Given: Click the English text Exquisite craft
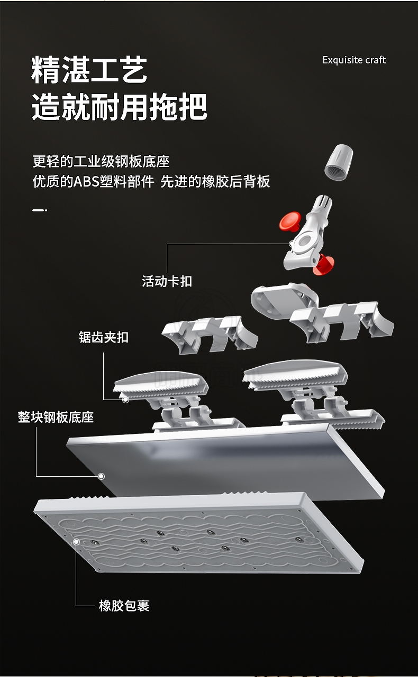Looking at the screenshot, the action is (354, 60).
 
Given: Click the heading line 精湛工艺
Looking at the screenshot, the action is (89, 70).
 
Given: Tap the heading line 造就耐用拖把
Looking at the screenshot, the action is (120, 107).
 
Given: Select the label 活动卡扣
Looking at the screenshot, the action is (167, 281).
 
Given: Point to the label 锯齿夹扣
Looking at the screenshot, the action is (104, 337).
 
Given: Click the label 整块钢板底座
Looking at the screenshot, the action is (56, 417).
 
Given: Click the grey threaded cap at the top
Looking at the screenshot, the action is (339, 162).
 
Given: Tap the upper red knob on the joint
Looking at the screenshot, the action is (289, 221).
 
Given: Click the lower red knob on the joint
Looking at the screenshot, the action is (324, 265).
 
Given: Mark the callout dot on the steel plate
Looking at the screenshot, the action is (102, 476).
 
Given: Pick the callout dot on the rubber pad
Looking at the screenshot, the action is (77, 542).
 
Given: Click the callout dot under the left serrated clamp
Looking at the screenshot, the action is (125, 400).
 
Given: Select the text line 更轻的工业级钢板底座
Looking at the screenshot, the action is (101, 161).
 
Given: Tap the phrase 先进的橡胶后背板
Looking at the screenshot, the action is (215, 182).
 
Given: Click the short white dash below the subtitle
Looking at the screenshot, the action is (39, 210).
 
